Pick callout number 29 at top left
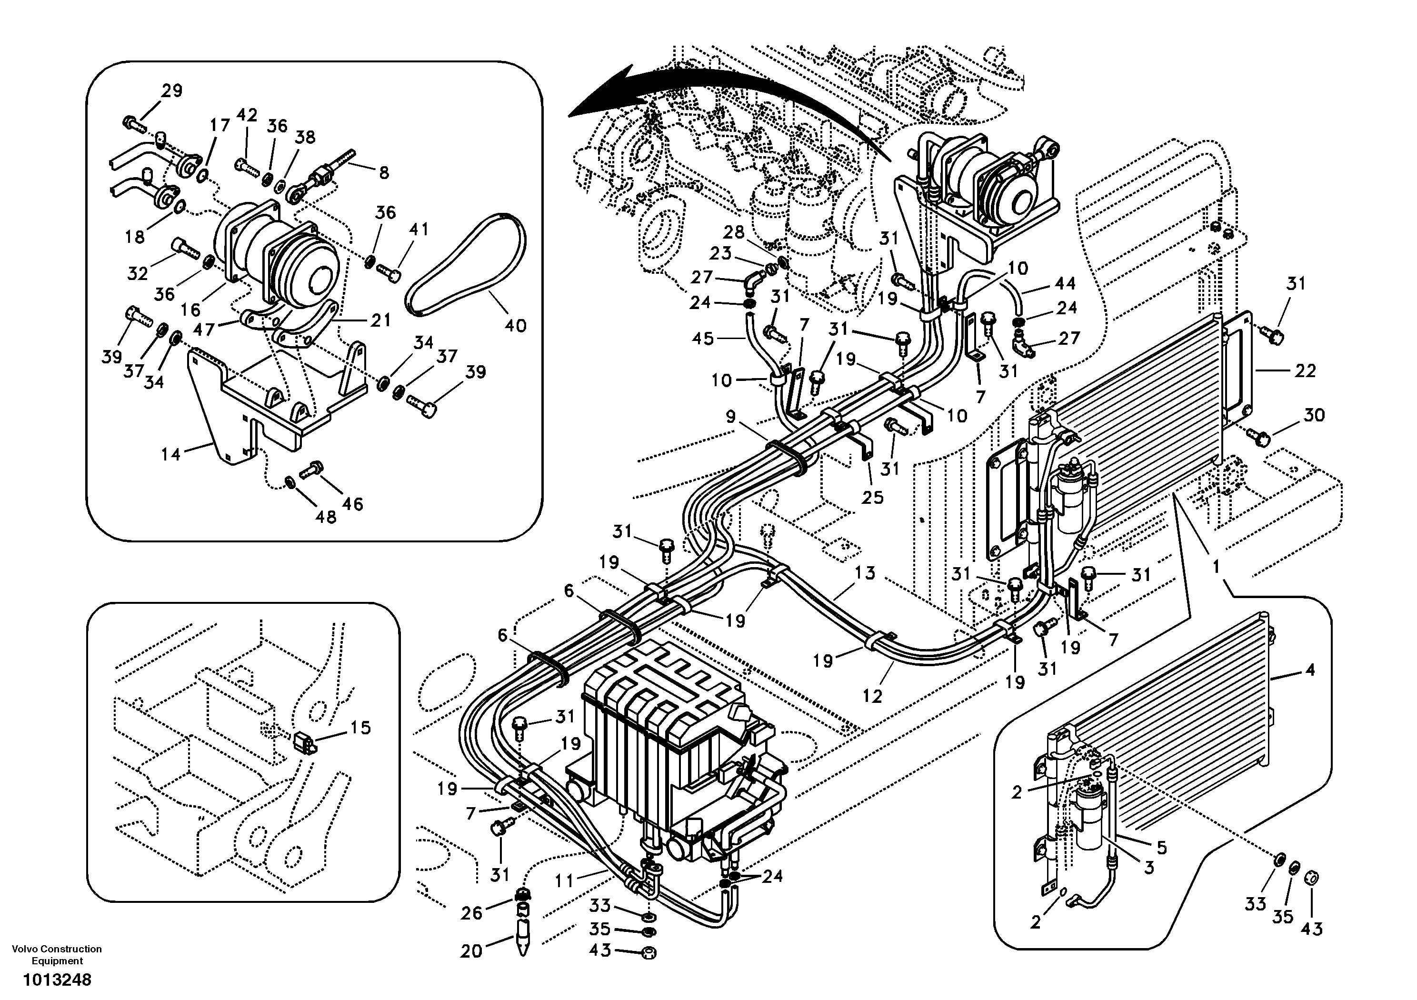(172, 91)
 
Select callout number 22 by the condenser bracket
(1305, 370)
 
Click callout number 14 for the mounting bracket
(171, 455)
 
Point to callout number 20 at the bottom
(471, 951)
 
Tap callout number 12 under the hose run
(872, 696)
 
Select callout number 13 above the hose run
(865, 573)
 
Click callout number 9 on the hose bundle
(731, 417)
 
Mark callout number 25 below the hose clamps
(873, 497)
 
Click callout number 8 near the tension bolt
(384, 173)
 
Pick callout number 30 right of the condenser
(1314, 415)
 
